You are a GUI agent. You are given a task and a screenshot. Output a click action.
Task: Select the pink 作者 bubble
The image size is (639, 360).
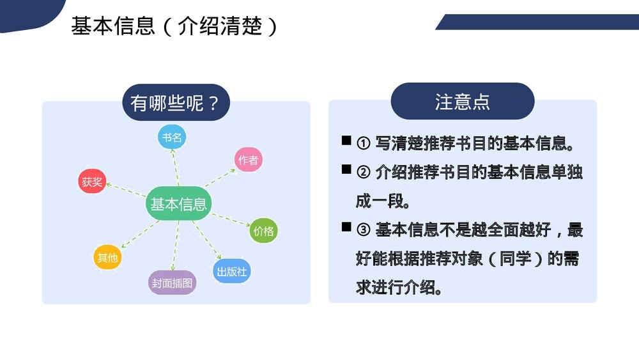click(x=248, y=160)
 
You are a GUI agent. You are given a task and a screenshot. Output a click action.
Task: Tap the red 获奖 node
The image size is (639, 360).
click(x=91, y=182)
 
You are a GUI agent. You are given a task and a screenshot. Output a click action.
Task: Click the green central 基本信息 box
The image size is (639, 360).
click(x=178, y=204)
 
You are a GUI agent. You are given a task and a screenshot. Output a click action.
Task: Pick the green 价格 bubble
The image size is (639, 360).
click(x=263, y=230)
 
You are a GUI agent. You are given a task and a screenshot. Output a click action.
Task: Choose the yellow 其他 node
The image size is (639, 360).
click(x=107, y=258)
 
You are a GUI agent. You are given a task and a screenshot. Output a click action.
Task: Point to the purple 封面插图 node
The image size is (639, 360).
click(x=172, y=282)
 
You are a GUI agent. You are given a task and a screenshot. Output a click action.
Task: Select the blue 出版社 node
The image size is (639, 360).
click(x=231, y=271)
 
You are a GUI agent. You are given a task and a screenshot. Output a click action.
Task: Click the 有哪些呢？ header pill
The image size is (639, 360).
click(x=175, y=103)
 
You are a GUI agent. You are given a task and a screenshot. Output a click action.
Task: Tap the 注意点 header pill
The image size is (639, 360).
click(x=462, y=102)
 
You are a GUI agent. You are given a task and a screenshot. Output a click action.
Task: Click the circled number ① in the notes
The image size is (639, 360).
click(x=363, y=144)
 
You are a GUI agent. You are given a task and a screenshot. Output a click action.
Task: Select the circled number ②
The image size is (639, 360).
click(x=363, y=173)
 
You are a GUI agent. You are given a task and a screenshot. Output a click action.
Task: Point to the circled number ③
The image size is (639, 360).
click(x=363, y=230)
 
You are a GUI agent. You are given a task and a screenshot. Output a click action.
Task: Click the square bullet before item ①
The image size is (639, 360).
click(x=346, y=141)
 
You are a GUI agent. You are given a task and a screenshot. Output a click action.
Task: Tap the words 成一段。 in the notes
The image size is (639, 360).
click(x=383, y=201)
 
